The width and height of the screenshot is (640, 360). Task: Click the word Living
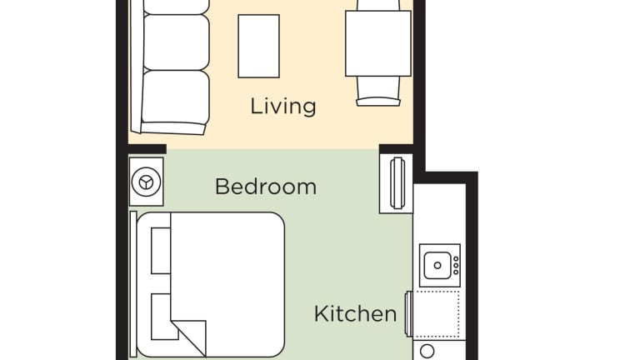[282, 106]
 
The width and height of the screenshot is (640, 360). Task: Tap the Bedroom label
[266, 187]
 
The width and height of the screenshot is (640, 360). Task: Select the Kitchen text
[355, 314]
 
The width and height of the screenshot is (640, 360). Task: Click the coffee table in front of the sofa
[259, 46]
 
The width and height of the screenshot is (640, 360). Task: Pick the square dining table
[378, 43]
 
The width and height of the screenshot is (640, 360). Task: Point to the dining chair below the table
[378, 92]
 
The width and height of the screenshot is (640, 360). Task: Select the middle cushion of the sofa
[177, 42]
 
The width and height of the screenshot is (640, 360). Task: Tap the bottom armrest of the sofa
[173, 128]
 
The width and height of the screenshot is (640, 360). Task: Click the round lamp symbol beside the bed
[146, 182]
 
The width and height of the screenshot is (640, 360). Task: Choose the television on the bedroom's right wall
[397, 182]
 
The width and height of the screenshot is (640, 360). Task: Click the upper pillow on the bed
[161, 251]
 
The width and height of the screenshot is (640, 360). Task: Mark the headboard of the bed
[133, 284]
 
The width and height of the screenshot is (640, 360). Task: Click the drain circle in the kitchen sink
[437, 265]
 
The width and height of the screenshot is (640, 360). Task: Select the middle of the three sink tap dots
[456, 265]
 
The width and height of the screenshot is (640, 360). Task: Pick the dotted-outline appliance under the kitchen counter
[437, 314]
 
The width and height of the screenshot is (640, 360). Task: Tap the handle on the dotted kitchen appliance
[407, 313]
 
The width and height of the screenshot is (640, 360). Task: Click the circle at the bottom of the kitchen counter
[427, 352]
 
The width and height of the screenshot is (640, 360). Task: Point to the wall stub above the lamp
[147, 149]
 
